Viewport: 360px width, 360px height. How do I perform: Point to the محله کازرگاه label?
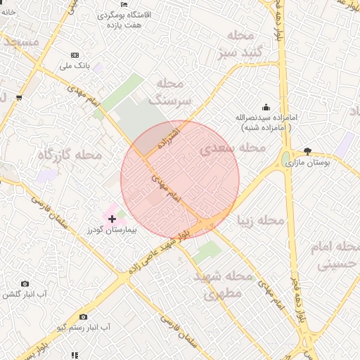70,154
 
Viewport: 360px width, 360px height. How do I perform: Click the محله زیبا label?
261,221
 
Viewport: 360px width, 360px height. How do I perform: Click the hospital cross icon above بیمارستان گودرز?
112,219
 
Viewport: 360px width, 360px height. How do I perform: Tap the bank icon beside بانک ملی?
75,55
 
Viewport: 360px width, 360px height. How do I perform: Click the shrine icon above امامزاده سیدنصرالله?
266,107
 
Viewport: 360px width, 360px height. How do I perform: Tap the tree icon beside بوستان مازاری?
308,151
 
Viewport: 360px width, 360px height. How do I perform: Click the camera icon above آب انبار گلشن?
25,283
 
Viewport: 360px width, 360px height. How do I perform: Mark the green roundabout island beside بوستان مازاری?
287,159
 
